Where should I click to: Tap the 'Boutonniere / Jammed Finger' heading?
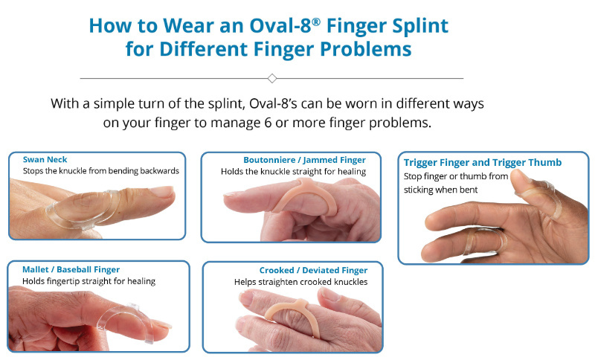304,159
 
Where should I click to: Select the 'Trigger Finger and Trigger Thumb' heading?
482,162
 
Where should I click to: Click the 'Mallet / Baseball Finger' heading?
71,269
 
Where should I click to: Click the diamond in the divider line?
271,78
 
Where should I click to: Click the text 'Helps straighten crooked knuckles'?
300,283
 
